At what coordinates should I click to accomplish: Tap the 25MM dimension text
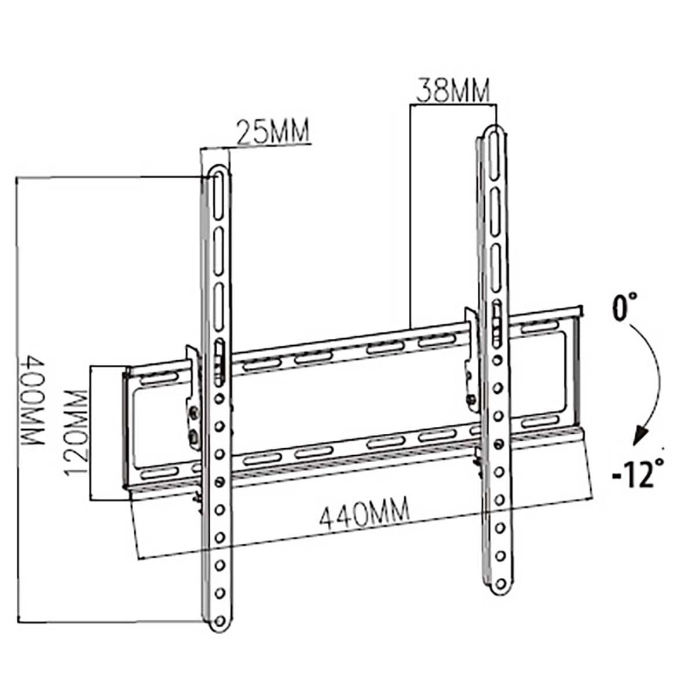tap(272, 132)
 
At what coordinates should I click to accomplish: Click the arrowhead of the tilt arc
tap(639, 436)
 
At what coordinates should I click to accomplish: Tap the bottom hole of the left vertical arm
tap(220, 620)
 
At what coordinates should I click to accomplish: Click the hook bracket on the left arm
tap(192, 400)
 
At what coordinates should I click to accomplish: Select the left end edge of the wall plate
tap(126, 429)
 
